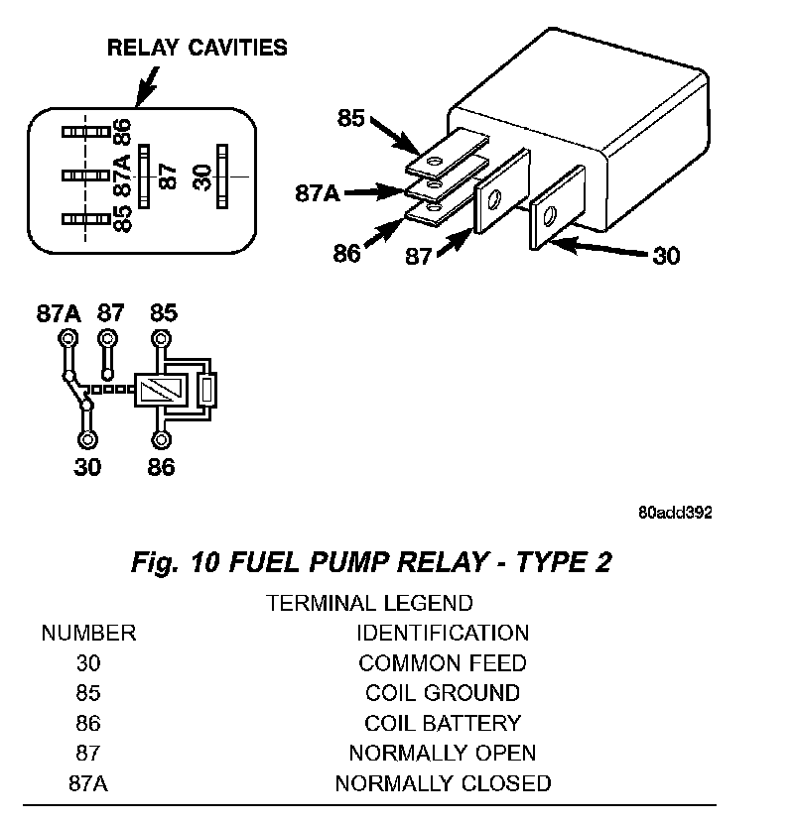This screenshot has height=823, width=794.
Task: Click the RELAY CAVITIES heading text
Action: (x=198, y=48)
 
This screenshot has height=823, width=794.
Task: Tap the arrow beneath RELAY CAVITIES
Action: (x=147, y=86)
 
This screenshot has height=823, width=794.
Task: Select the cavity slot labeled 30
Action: (x=222, y=176)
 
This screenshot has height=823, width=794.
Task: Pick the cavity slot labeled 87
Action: (x=144, y=176)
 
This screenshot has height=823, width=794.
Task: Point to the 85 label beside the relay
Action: (x=350, y=118)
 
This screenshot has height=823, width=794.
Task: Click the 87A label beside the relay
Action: (x=318, y=193)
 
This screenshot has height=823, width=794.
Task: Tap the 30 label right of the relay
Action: (x=666, y=256)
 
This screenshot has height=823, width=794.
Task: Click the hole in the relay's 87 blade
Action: (x=494, y=199)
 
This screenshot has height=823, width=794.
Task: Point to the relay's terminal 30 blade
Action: (x=557, y=208)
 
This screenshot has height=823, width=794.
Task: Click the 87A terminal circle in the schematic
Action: (x=67, y=338)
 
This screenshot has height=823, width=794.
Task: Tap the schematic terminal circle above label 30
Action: (x=87, y=439)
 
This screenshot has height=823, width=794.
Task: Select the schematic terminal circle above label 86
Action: (x=161, y=439)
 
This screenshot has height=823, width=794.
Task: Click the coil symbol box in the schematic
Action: (x=162, y=390)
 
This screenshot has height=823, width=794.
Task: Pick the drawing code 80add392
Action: (x=675, y=513)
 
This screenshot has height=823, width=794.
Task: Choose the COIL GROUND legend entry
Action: (x=443, y=693)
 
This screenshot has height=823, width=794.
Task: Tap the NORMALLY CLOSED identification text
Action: (x=443, y=783)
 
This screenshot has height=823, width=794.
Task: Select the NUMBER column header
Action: (x=88, y=633)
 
